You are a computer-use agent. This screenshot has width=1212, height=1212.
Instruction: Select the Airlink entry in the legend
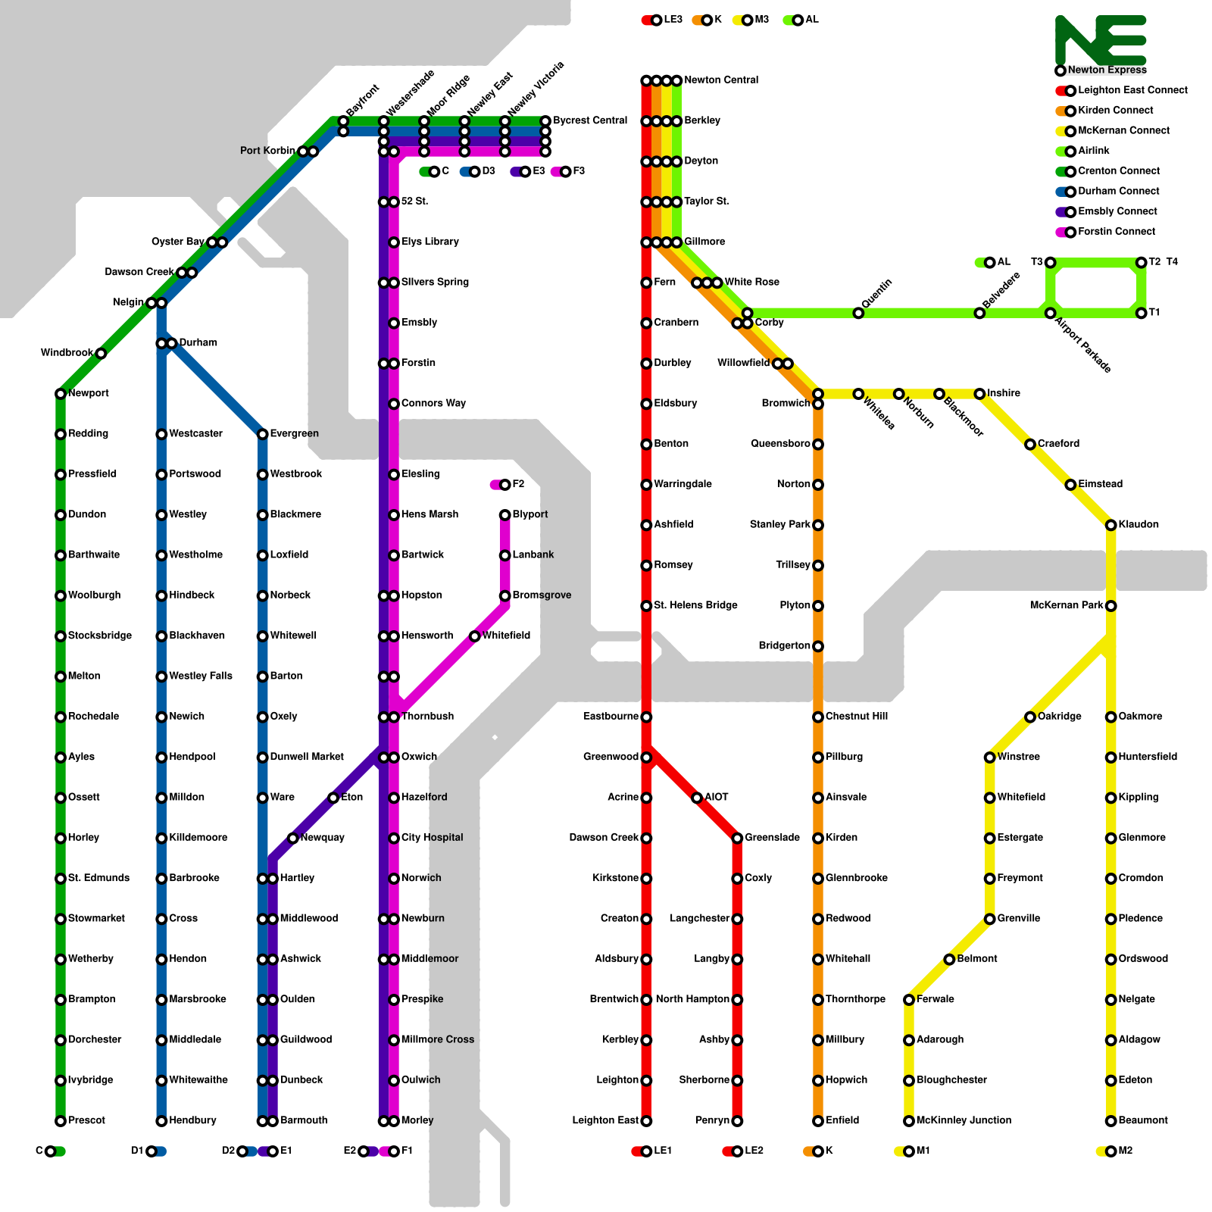point(1093,151)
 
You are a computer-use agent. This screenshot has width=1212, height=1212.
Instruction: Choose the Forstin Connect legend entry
point(1116,232)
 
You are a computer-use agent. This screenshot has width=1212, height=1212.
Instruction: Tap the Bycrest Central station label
point(590,120)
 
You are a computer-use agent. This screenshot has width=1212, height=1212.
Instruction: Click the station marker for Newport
point(61,394)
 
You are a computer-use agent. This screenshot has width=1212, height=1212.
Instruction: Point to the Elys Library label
point(430,242)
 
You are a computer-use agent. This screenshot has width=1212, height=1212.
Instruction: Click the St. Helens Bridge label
point(695,605)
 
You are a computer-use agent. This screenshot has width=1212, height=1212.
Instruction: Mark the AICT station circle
point(697,798)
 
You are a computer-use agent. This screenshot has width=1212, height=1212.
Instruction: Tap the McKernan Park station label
point(1066,605)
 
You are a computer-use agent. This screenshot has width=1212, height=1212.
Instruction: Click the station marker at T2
point(1142,263)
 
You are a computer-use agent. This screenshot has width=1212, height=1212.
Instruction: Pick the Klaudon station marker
point(1111,525)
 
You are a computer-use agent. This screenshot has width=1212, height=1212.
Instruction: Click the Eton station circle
point(333,798)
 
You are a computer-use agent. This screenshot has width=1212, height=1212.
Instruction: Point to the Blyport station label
point(529,514)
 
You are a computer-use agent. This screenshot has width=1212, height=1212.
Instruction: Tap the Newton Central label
point(720,80)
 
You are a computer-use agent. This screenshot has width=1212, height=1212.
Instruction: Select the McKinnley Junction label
point(963,1120)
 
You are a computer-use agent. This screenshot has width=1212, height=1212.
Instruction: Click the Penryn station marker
point(737,1121)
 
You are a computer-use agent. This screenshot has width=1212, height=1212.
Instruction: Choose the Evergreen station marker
point(263,434)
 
